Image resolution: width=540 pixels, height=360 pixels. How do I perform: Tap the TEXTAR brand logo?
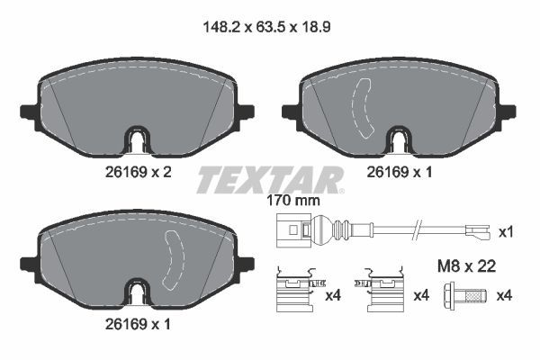270,180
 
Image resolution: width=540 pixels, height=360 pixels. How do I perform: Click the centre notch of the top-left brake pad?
137,140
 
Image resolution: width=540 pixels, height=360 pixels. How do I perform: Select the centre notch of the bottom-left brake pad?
137,293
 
